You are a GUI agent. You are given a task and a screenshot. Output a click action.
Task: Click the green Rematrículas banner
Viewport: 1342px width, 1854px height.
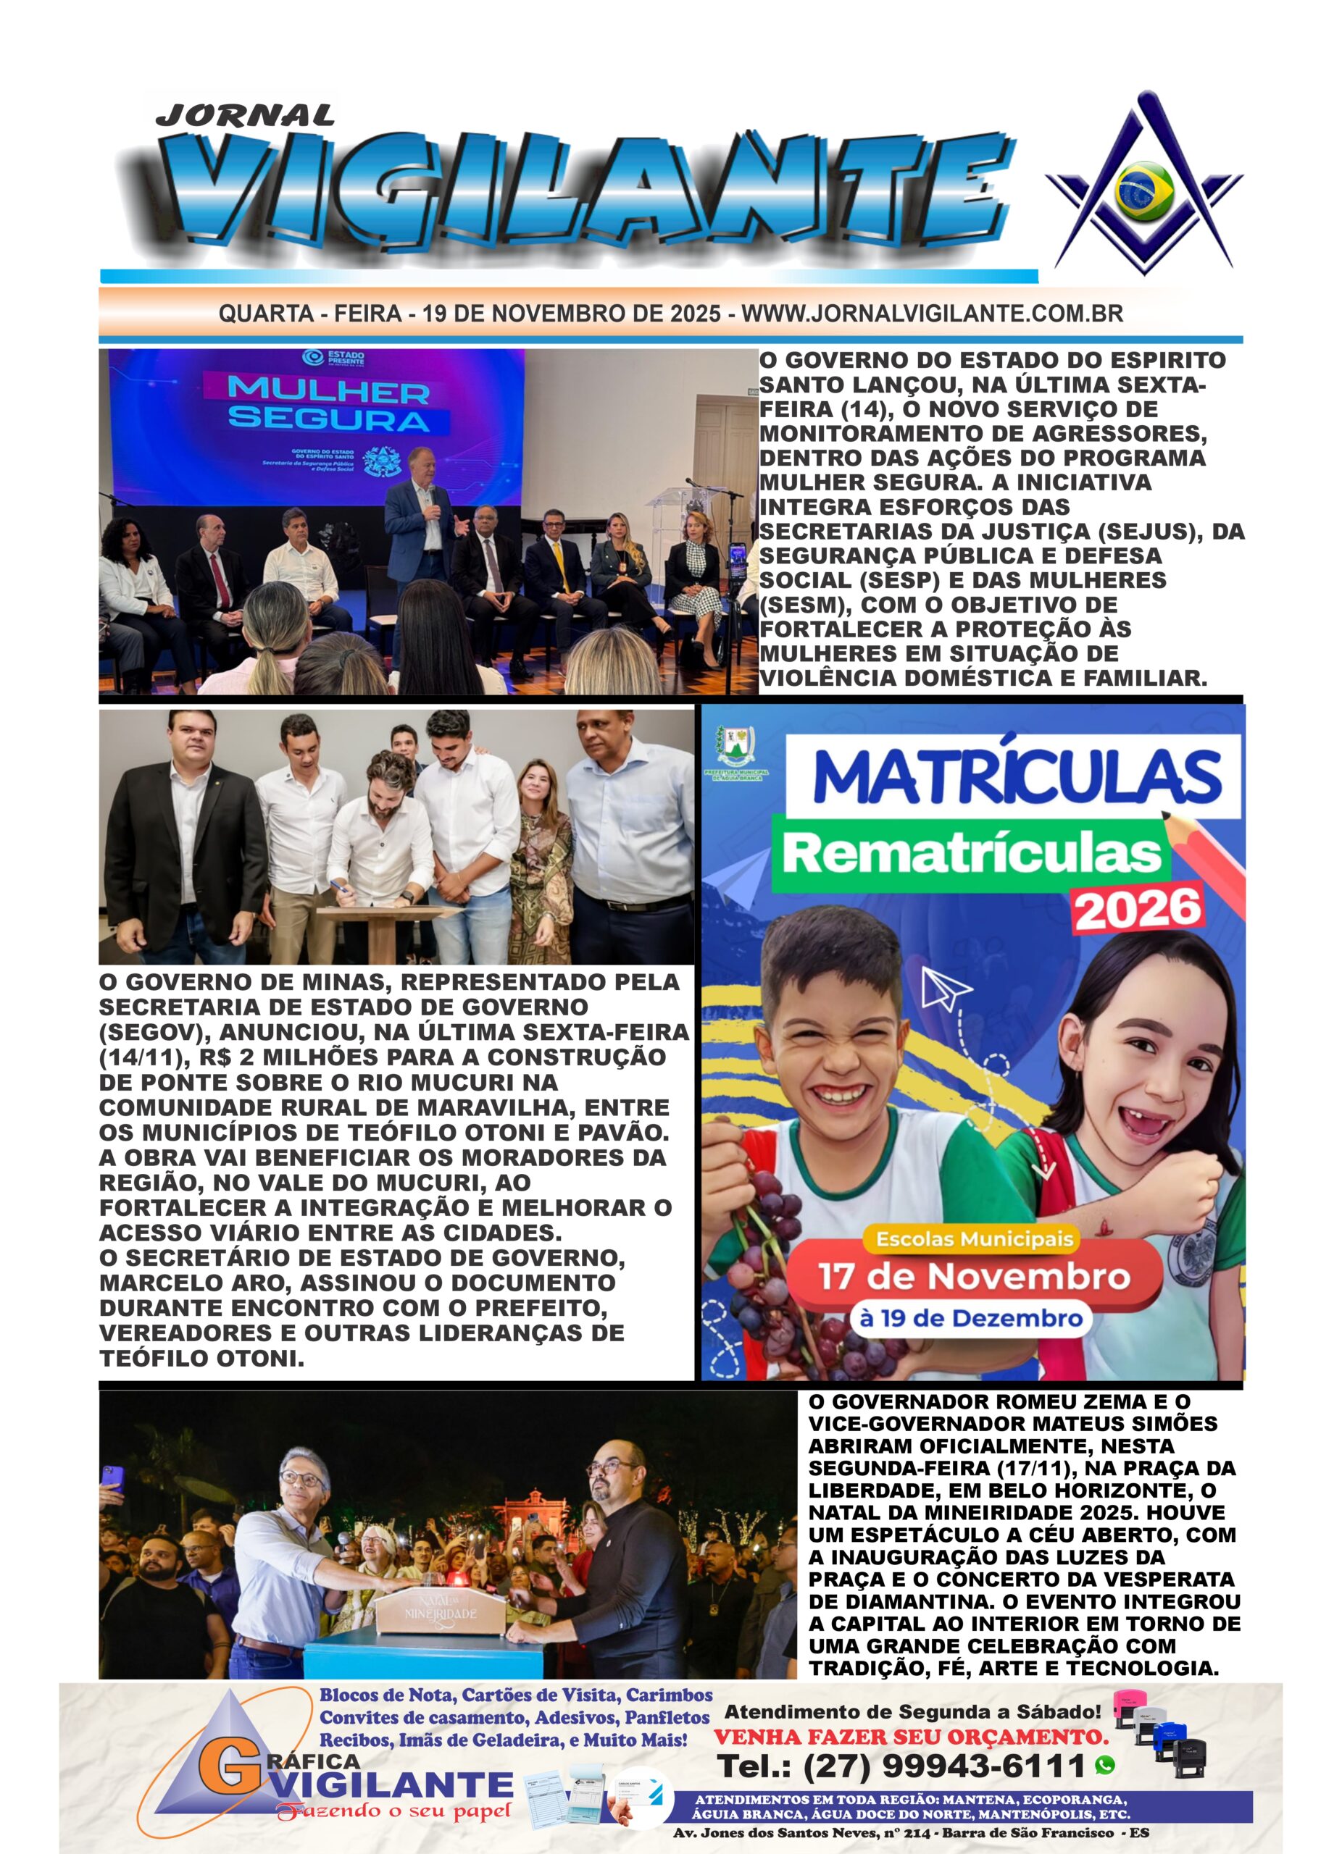point(972,852)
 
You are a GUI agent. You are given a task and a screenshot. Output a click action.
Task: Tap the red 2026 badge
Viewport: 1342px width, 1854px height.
point(1138,907)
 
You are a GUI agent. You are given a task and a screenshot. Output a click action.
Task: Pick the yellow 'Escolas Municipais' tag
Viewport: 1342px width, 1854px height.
point(974,1239)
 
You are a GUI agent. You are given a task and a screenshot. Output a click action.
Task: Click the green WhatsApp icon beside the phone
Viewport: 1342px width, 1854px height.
point(1104,1765)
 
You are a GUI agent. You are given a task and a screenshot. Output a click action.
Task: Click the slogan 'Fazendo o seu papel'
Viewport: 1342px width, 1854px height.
point(394,1811)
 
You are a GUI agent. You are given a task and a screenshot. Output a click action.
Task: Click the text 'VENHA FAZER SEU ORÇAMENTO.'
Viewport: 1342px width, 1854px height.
point(912,1737)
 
